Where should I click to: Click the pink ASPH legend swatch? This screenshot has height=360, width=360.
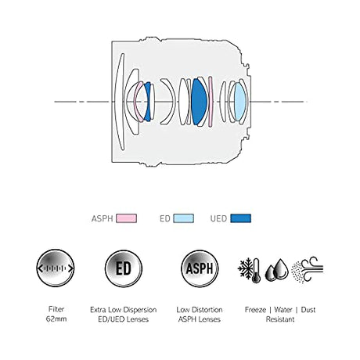coord(126,218)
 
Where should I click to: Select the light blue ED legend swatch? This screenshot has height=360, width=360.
coord(184,218)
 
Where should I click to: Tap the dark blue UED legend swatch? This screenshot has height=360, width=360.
coord(241,218)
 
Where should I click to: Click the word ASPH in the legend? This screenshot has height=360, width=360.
coord(102,218)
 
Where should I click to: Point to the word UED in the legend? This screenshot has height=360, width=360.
coord(218,218)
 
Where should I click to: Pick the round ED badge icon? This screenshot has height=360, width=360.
coord(124,268)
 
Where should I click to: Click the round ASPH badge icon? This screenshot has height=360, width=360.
coord(200,268)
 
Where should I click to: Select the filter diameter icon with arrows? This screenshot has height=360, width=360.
coord(56,268)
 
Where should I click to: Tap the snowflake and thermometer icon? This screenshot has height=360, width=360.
coord(250,271)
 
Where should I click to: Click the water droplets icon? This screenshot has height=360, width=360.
coord(277,271)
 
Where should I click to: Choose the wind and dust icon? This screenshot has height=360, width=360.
coord(308,270)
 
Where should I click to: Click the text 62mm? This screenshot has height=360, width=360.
coord(56,319)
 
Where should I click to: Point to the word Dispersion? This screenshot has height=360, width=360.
coord(139,310)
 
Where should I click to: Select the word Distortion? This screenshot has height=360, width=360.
coord(207,310)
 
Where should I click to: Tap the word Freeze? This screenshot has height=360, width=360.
coord(255,310)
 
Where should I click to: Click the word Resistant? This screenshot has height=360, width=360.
coord(280,319)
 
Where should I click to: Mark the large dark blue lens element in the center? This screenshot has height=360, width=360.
coord(199,102)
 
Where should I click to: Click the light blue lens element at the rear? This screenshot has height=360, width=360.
coord(239,102)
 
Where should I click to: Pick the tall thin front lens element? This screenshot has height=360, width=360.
coord(120,102)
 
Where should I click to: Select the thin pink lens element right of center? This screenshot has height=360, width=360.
coord(211,102)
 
